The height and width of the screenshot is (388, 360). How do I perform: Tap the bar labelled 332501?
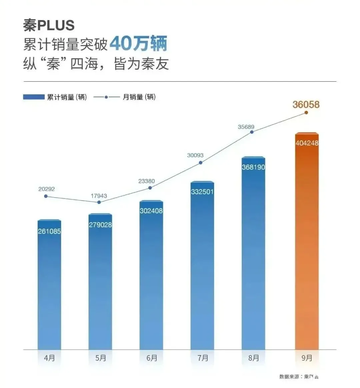point(202,266)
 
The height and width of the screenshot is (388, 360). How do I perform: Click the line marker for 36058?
point(306,113)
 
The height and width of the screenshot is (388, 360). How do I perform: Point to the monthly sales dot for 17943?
point(99,202)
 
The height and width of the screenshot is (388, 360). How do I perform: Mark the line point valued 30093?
point(201,163)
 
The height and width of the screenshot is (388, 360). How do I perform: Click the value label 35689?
point(246,127)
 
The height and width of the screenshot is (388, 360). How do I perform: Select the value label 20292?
point(46,189)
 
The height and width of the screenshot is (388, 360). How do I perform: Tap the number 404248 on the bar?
point(307,143)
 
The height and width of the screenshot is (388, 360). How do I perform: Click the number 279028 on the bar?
point(100,225)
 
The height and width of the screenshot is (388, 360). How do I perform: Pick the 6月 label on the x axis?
point(152,358)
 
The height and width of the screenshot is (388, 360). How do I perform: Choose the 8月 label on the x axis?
point(254,358)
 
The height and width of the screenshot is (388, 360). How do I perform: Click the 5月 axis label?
point(101,358)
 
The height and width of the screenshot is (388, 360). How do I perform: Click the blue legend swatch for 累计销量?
point(34,97)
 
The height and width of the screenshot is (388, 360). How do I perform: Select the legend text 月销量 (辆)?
point(139,97)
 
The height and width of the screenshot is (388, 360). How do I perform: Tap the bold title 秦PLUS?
point(49,25)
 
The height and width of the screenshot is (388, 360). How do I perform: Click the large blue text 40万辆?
point(138,44)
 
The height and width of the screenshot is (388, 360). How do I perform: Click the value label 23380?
point(147,181)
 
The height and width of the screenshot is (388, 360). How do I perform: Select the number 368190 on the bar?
point(253,167)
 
